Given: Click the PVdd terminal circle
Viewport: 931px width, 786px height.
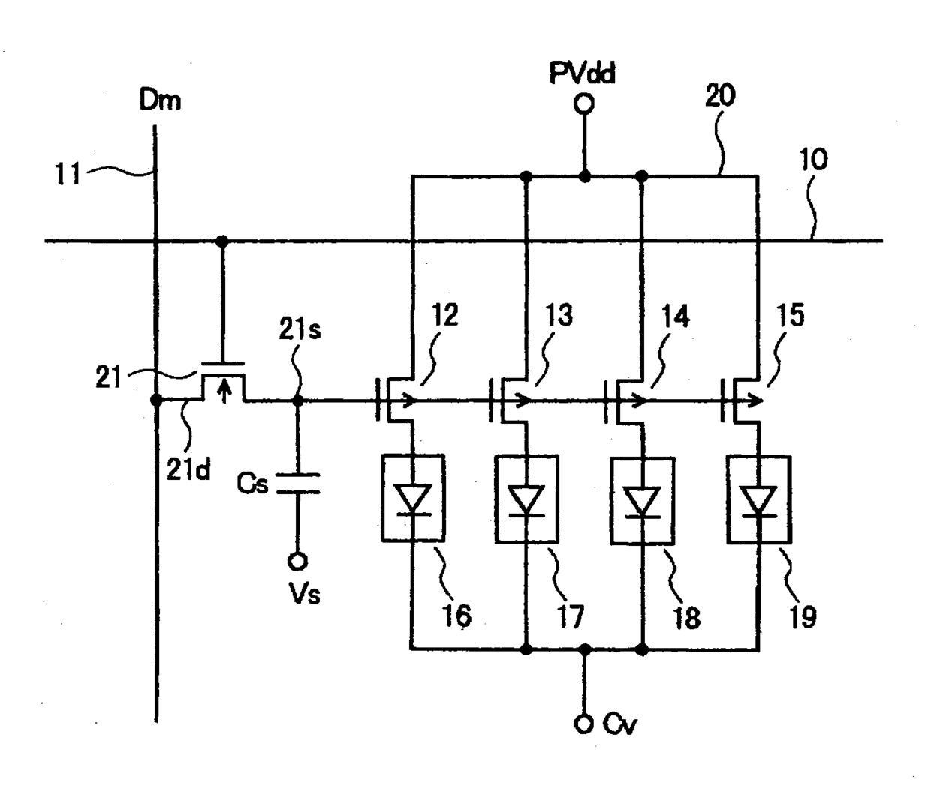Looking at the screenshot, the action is pyautogui.click(x=583, y=104).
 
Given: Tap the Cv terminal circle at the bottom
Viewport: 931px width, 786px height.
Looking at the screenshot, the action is pyautogui.click(x=583, y=724).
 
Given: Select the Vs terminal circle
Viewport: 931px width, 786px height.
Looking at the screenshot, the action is pyautogui.click(x=297, y=562).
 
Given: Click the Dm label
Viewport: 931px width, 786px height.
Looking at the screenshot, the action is pyautogui.click(x=161, y=100).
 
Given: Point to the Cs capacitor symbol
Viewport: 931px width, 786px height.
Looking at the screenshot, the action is pyautogui.click(x=298, y=484).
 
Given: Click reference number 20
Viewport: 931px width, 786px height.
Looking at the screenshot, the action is pyautogui.click(x=720, y=95).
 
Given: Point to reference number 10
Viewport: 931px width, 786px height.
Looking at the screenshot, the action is pyautogui.click(x=813, y=160).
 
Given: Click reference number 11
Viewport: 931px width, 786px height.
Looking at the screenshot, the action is pyautogui.click(x=68, y=174).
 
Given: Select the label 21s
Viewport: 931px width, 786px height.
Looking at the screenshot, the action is pyautogui.click(x=300, y=330).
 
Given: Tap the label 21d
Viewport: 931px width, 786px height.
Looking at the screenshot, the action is pyautogui.click(x=188, y=470).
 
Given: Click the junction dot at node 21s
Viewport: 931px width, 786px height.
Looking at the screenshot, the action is pyautogui.click(x=298, y=400).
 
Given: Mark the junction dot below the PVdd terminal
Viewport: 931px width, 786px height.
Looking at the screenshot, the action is pyautogui.click(x=584, y=176).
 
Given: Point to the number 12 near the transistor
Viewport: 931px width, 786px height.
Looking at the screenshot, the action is pyautogui.click(x=445, y=314).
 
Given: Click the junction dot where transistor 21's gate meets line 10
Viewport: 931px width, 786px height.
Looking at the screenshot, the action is pyautogui.click(x=221, y=241).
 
